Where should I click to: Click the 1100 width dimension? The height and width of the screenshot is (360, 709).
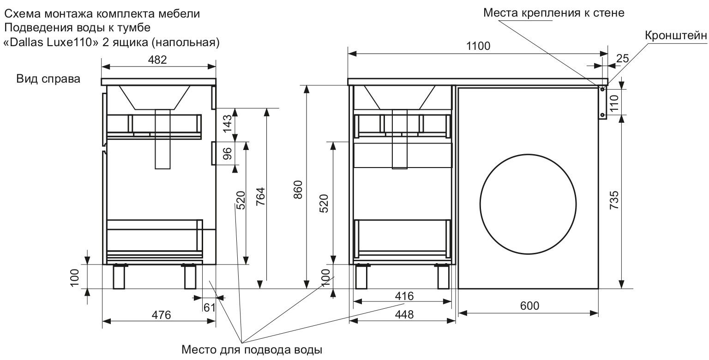pyautogui.click(x=478, y=46)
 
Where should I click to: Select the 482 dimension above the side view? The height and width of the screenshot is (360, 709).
pyautogui.click(x=158, y=60)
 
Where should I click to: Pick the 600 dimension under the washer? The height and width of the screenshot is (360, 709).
pyautogui.click(x=529, y=306)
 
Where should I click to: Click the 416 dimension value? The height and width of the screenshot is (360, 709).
pyautogui.click(x=403, y=295)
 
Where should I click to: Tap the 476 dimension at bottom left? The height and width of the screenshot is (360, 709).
pyautogui.click(x=161, y=315)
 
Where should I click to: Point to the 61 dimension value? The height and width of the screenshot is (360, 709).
pyautogui.click(x=210, y=307)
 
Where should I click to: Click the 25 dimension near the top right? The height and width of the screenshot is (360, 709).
pyautogui.click(x=622, y=59)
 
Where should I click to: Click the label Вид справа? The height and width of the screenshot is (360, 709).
pyautogui.click(x=48, y=79)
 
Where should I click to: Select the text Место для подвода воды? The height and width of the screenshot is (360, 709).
pyautogui.click(x=251, y=349)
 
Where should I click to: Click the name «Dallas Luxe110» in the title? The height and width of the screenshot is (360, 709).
pyautogui.click(x=46, y=42)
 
